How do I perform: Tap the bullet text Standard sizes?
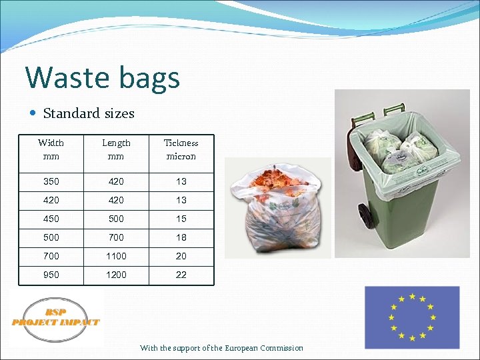coord(88,113)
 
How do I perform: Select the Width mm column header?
coord(51,149)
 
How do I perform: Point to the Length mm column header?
coord(116,149)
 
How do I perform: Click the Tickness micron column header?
coord(181,149)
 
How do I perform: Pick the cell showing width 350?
coord(51,181)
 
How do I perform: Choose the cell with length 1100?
coord(116,256)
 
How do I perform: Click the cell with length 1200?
coord(116,275)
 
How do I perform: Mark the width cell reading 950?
coord(51,275)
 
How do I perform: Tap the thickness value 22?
coord(181,275)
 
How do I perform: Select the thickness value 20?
coord(181,256)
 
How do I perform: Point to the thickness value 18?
coord(181,237)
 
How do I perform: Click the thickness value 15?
coord(181,219)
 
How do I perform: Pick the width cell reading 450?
coord(51,219)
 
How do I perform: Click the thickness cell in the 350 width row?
coord(181,181)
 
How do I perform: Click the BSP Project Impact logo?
coord(56,319)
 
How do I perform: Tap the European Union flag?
coord(412,317)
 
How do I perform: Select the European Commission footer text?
coord(221,348)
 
